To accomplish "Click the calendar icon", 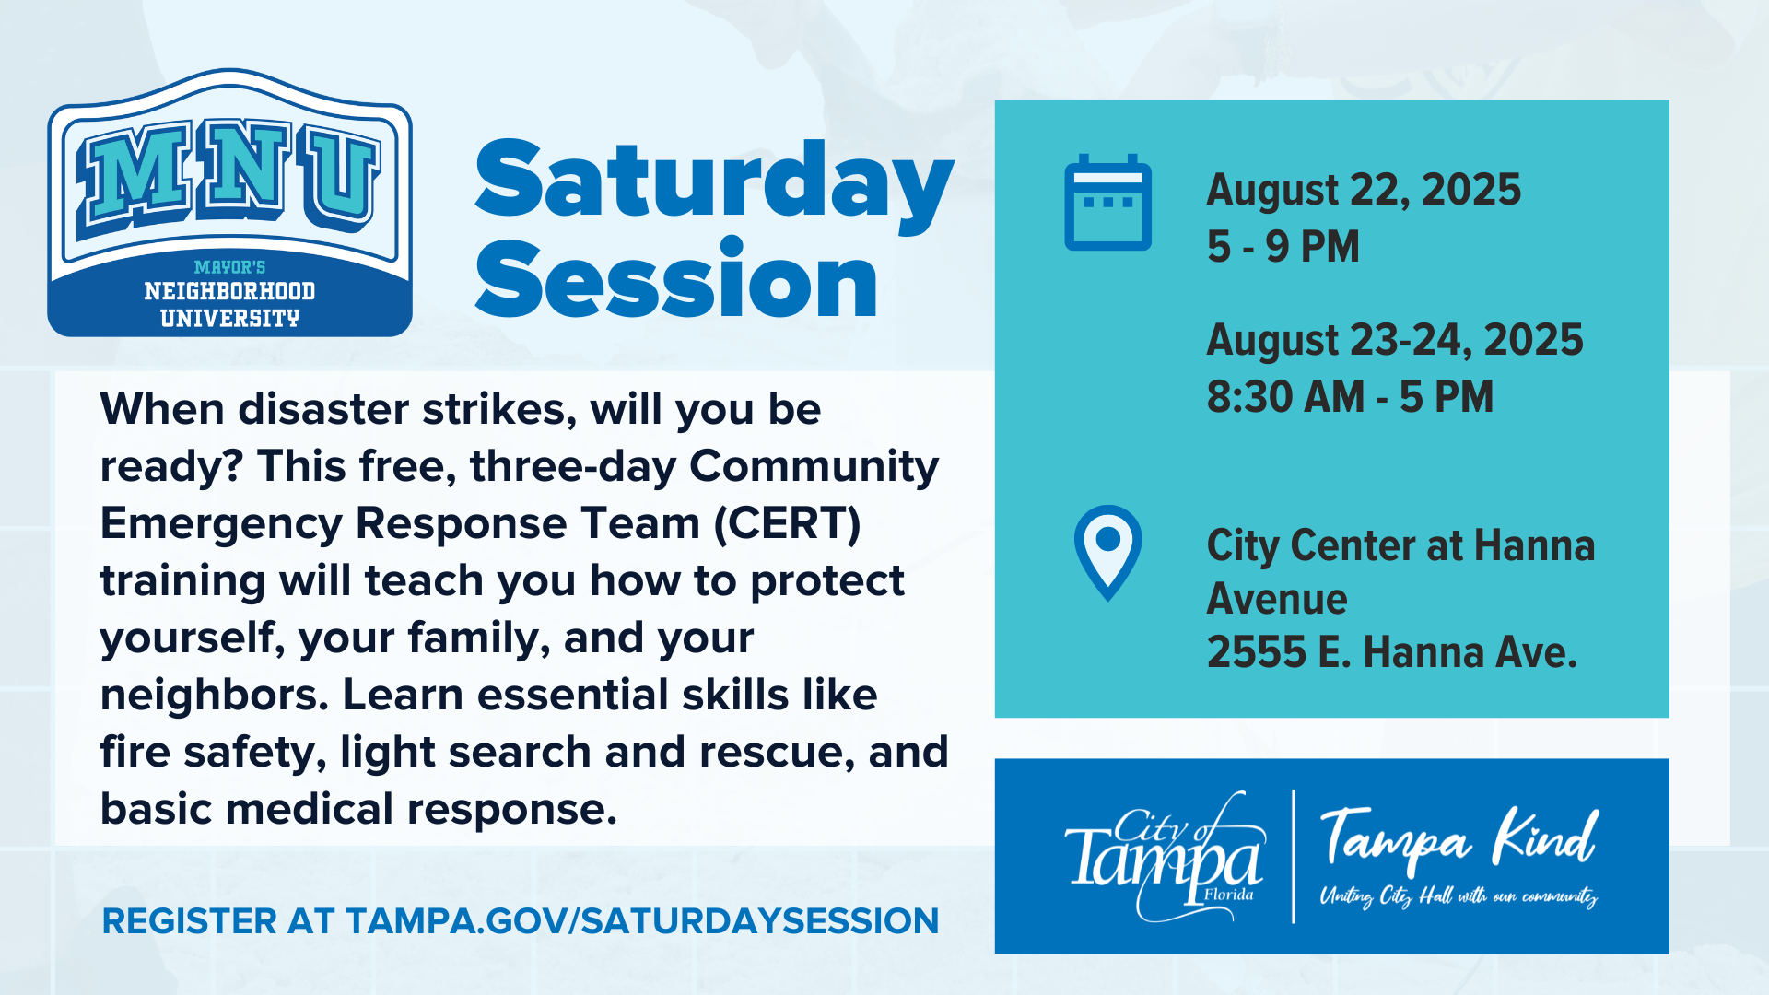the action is coord(1107,203).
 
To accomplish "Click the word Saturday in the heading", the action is coord(714,184).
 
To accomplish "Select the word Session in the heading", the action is coord(676,278).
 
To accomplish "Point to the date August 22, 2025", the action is coord(1364,190).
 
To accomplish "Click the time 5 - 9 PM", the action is coord(1283,247).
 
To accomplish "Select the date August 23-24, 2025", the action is coord(1395,340).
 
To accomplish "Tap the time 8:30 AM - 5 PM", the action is coord(1350,397).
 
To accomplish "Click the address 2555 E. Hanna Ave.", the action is coord(1392,652).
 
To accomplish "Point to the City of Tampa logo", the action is coord(1165,857).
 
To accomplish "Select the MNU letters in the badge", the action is coord(230,175).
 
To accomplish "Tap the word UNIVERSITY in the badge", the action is coord(230,319).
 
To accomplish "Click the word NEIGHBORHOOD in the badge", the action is coord(230,291).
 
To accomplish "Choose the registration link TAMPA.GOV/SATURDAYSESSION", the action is coord(642,921).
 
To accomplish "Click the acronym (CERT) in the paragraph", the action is coord(788,523).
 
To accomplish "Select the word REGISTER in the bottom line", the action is coord(189,921).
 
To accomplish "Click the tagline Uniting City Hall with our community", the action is coord(1459,896).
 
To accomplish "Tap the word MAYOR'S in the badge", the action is coord(230,267).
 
